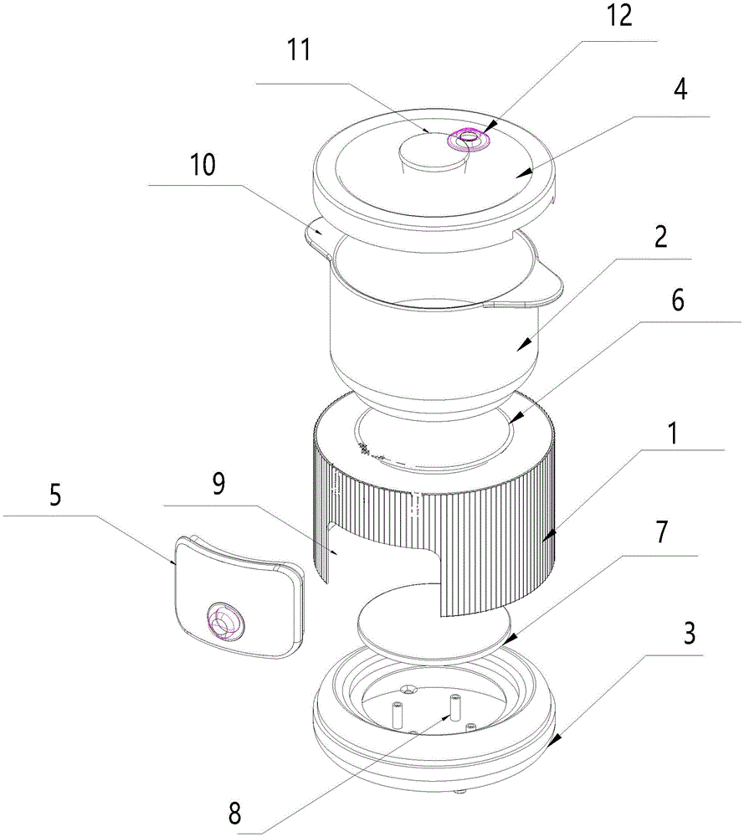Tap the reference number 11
point(299,51)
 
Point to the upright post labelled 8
point(457,707)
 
